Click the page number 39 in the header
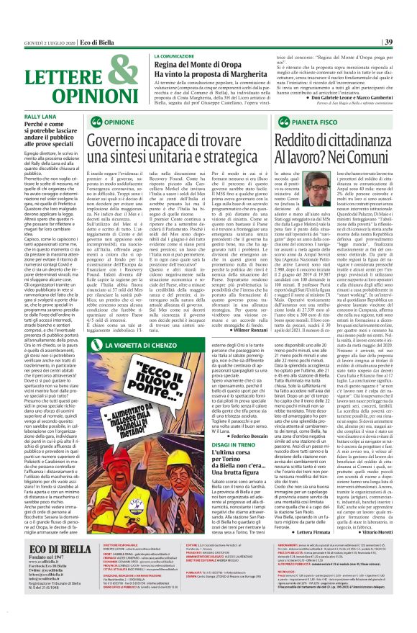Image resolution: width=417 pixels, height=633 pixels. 408,41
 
